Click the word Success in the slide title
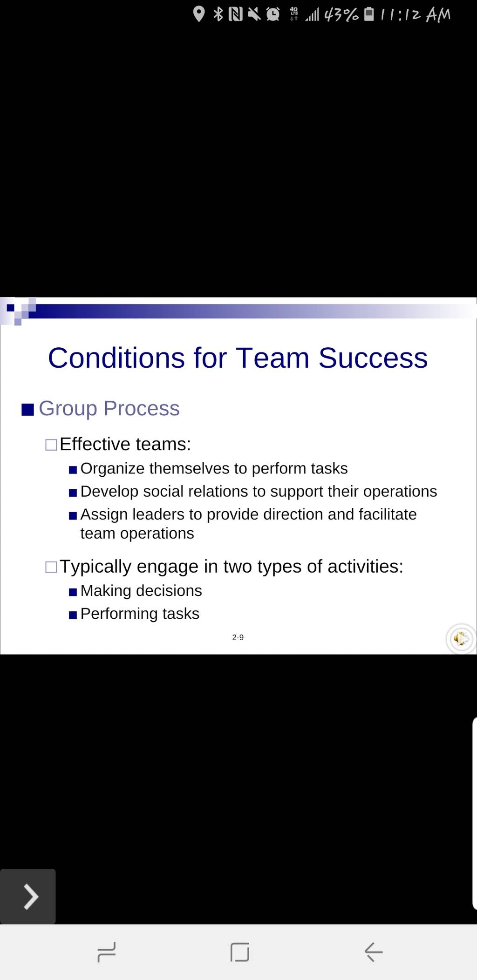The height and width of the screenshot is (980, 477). click(x=373, y=358)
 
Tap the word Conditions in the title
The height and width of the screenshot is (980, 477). click(x=116, y=358)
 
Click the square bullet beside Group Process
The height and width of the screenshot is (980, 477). click(x=28, y=410)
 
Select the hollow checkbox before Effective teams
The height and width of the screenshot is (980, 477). click(x=51, y=445)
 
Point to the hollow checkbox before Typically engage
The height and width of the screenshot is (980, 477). click(x=51, y=568)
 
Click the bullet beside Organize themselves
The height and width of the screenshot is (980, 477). click(x=73, y=470)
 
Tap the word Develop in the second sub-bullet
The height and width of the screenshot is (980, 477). click(x=109, y=492)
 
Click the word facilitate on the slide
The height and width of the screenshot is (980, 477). click(x=388, y=514)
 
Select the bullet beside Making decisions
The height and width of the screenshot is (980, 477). click(x=73, y=592)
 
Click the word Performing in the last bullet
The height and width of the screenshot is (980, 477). click(x=119, y=614)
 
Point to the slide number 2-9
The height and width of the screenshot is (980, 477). click(x=238, y=637)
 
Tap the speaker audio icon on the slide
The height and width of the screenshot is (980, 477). click(x=461, y=639)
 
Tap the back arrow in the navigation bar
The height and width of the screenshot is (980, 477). click(x=374, y=939)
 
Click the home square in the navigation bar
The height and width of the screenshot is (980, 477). click(x=240, y=939)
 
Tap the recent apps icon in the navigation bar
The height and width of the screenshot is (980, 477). click(x=107, y=939)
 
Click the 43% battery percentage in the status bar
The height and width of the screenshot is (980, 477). click(x=341, y=15)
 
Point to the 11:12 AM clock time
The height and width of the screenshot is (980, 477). click(x=415, y=15)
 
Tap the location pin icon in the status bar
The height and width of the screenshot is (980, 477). click(x=199, y=14)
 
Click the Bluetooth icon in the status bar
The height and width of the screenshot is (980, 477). click(x=218, y=14)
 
